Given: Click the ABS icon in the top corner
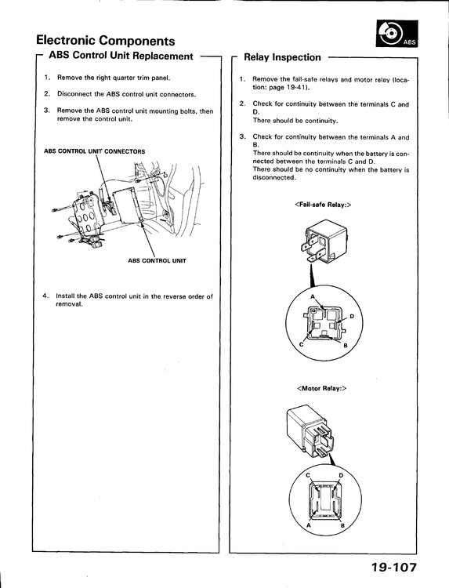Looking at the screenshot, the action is [397, 34].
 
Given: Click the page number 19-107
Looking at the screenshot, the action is [393, 568].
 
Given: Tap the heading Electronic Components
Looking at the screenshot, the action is [106, 40].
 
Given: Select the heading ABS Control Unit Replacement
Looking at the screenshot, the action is [121, 56].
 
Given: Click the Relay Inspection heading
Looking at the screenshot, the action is [282, 57].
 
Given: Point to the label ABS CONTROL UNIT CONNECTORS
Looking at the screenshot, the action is [95, 151].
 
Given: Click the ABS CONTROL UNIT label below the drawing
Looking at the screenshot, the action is [157, 260].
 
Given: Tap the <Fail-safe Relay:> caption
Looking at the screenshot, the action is [323, 205].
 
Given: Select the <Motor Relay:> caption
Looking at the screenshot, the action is [321, 389].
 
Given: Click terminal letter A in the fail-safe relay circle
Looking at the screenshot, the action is [313, 297].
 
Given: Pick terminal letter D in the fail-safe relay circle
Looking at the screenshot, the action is [352, 317].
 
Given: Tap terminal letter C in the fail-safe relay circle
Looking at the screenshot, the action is [301, 345].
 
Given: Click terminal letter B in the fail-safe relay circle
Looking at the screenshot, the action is [346, 346].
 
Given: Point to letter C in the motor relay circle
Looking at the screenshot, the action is [308, 476].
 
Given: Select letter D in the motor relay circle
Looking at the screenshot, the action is [341, 476].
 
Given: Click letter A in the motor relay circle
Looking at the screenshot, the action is [309, 525].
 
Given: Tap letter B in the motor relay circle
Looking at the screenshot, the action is [342, 526].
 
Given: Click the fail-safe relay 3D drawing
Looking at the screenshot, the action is [324, 241].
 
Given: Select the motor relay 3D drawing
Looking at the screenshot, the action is [310, 432].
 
